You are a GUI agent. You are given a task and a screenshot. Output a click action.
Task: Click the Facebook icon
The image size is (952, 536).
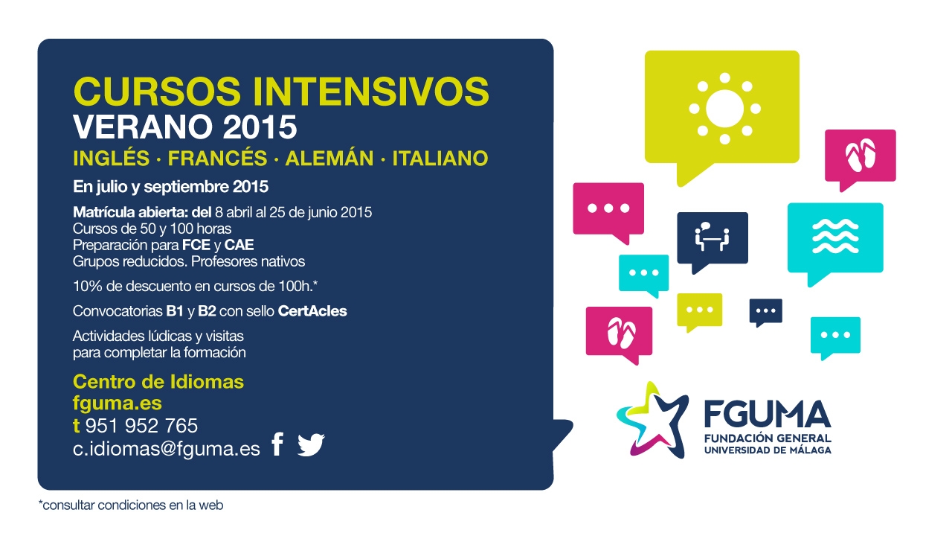(x=277, y=444)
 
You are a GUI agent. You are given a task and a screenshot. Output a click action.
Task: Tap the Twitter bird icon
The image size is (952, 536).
(x=311, y=445)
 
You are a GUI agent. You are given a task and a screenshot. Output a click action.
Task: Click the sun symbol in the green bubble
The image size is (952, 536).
(x=724, y=109)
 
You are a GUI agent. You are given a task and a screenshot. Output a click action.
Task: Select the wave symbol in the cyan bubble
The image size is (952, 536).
(x=835, y=236)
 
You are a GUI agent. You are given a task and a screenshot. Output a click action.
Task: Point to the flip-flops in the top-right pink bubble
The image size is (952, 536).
(x=861, y=156)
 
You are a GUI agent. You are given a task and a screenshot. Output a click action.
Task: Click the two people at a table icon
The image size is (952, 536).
(x=712, y=237)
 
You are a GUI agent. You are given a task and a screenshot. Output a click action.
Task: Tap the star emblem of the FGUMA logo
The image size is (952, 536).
(x=652, y=421)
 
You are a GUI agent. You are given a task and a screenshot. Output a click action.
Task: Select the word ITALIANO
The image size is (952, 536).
(x=440, y=159)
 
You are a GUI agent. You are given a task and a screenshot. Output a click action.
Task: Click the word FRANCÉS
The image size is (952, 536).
(x=217, y=159)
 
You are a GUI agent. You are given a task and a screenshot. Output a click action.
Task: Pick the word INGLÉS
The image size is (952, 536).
(x=112, y=159)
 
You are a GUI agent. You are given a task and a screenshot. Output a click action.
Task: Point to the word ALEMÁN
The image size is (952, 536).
(x=329, y=159)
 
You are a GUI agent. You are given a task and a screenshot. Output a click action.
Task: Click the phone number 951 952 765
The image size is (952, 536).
(x=141, y=425)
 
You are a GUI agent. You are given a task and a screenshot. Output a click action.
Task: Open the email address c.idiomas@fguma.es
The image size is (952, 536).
(x=166, y=449)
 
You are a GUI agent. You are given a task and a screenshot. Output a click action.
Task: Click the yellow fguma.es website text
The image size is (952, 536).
(x=118, y=403)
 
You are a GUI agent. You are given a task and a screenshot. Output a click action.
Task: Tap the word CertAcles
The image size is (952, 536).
(x=312, y=311)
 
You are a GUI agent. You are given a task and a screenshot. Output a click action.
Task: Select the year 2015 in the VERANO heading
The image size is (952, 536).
(x=260, y=127)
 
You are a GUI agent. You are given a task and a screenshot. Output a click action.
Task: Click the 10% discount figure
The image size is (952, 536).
(x=88, y=286)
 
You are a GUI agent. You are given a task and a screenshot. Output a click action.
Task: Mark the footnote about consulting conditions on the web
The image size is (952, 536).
(x=131, y=505)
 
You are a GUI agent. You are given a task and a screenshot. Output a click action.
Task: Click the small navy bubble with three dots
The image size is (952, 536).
(x=765, y=312)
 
